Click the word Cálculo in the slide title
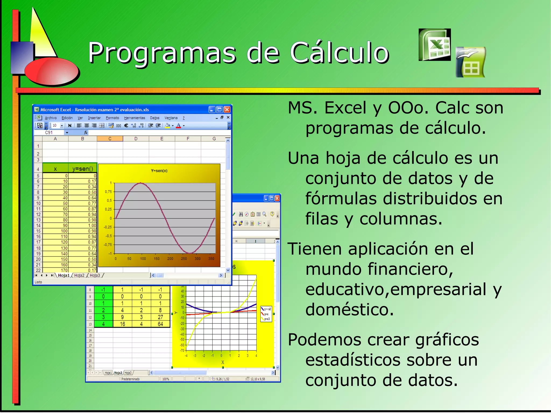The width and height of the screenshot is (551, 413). [x=340, y=53]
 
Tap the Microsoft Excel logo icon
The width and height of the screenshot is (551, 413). [x=435, y=45]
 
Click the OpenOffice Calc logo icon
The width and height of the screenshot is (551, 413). [x=471, y=62]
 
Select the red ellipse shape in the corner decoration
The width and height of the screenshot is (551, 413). [x=52, y=71]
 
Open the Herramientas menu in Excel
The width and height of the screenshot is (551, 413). [x=134, y=118]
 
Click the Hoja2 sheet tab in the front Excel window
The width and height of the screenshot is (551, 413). [x=79, y=275]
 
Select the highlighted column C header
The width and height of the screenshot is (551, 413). [x=110, y=139]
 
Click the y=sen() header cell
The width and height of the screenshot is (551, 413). [x=83, y=169]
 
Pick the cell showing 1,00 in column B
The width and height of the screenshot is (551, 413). [x=92, y=225]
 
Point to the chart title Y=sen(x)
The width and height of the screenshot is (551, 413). [x=159, y=171]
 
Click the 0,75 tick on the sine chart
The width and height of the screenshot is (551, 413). [x=108, y=192]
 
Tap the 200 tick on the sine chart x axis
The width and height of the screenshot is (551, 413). [x=170, y=259]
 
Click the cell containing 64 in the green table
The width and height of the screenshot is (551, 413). [x=160, y=324]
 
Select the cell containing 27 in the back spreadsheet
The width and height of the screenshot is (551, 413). [x=160, y=317]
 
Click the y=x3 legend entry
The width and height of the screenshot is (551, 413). [x=267, y=319]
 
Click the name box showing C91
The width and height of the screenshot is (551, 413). [x=49, y=132]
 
